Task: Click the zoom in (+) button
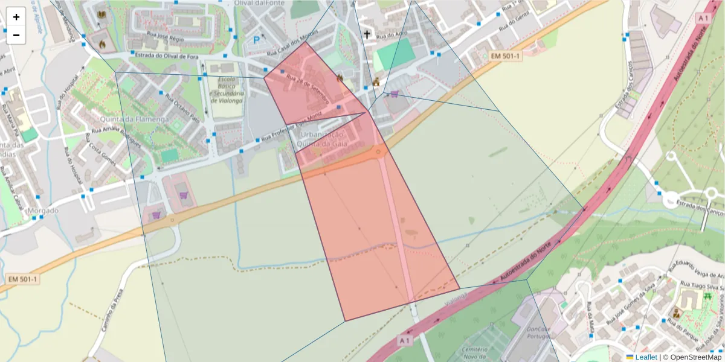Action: pyautogui.click(x=16, y=17)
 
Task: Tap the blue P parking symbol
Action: pyautogui.click(x=256, y=40)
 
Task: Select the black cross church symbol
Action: pyautogui.click(x=367, y=34)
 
